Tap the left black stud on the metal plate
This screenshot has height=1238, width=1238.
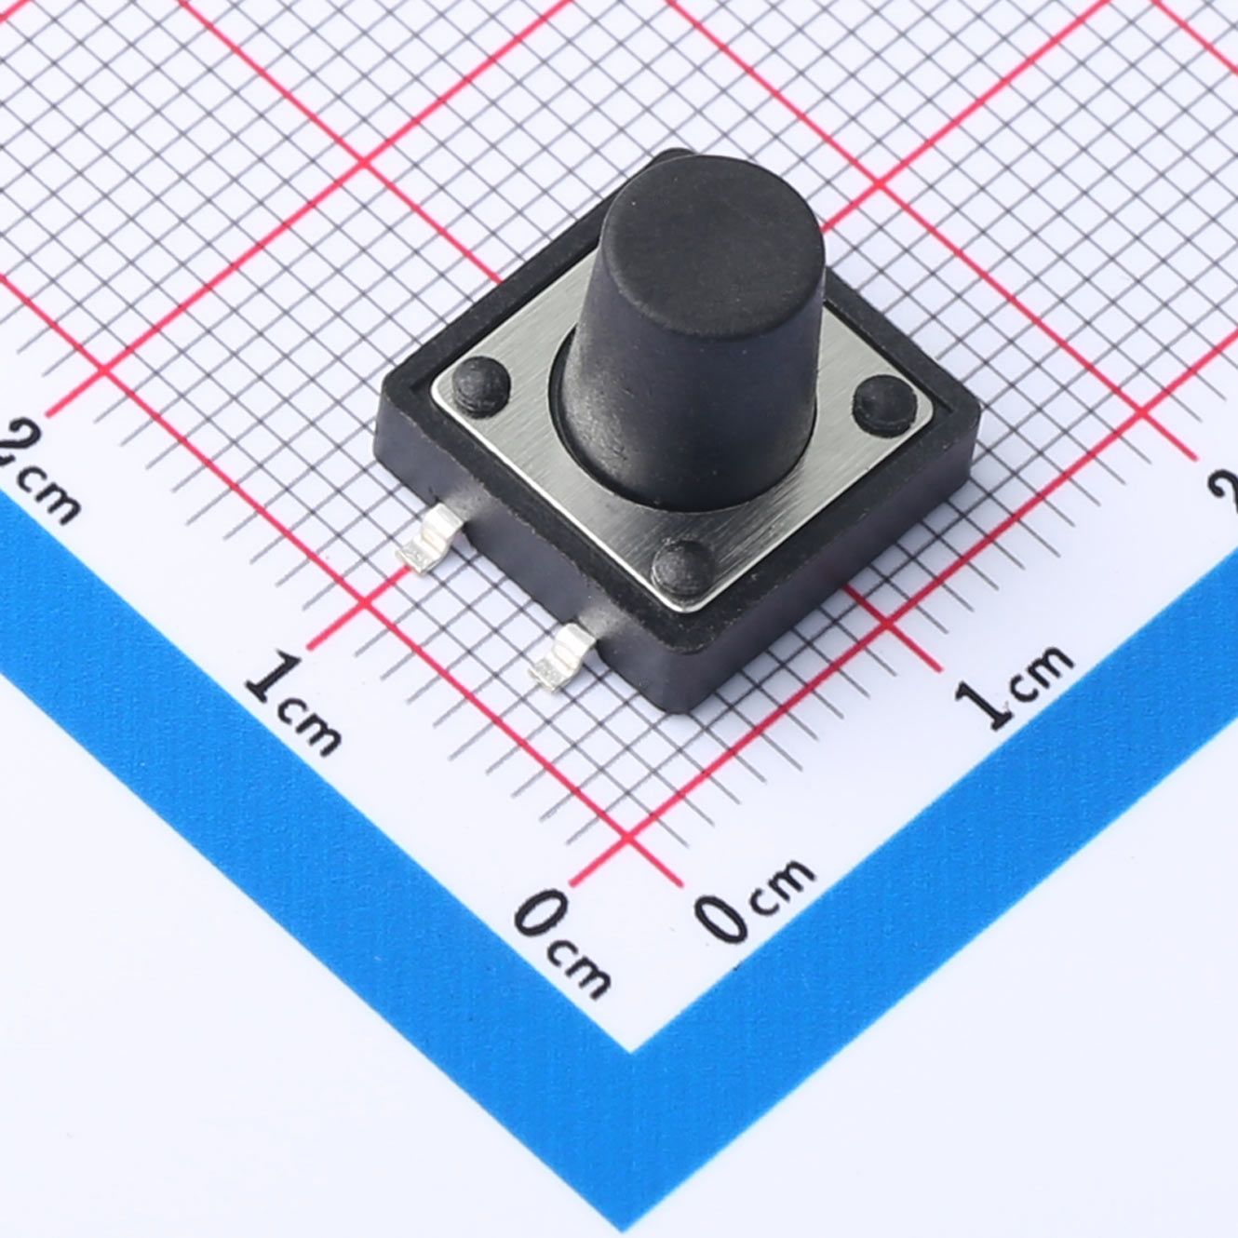[x=480, y=384]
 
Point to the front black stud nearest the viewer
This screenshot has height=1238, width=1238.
[x=683, y=567]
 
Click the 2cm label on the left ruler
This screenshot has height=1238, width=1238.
[x=38, y=467]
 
